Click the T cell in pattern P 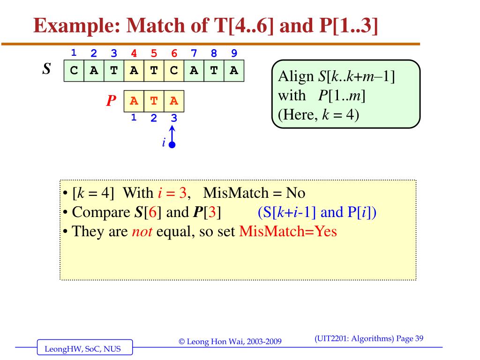(x=154, y=101)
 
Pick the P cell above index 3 (x=174, y=101)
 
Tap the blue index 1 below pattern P (x=134, y=118)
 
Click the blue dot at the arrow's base (x=172, y=145)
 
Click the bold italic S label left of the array (x=46, y=69)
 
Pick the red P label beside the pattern (x=111, y=101)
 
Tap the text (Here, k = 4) (x=318, y=114)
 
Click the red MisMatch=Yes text (x=288, y=232)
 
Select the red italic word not (x=141, y=232)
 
